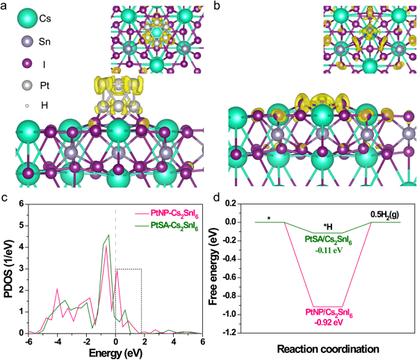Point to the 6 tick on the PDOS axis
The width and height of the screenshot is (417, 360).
coord(22,203)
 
